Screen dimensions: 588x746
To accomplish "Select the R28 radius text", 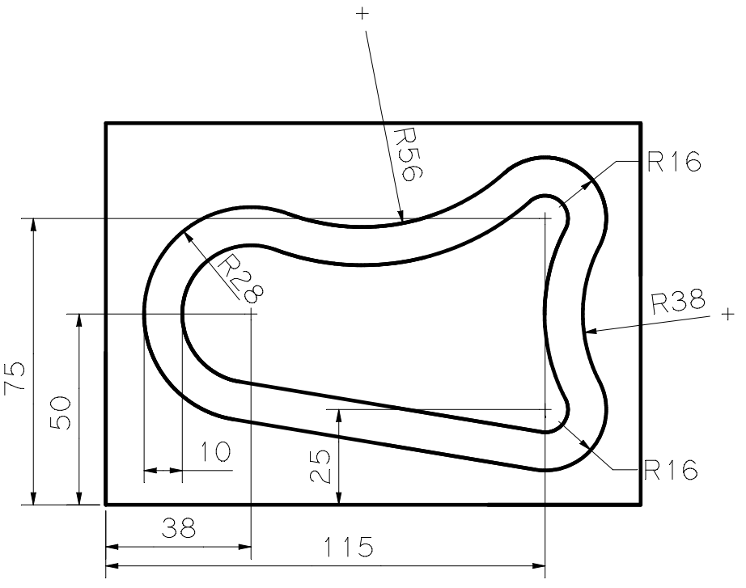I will [241, 277].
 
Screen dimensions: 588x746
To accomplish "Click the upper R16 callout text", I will [673, 163].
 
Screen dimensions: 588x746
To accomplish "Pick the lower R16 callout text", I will [671, 470].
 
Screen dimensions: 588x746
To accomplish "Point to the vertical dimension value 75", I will [17, 378].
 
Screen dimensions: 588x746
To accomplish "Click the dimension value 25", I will [323, 466].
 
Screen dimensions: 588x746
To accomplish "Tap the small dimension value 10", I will [214, 451].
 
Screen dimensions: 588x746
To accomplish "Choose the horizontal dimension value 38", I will [179, 529].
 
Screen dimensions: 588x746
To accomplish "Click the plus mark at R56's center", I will [362, 14].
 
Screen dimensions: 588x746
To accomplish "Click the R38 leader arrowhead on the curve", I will [590, 330].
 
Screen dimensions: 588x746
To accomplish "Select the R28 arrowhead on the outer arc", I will [189, 235].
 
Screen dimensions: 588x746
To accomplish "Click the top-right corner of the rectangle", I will [641, 123].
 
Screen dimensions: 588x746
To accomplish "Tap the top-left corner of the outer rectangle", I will [106, 123].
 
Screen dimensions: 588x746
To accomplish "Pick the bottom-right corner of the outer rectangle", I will [641, 505].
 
